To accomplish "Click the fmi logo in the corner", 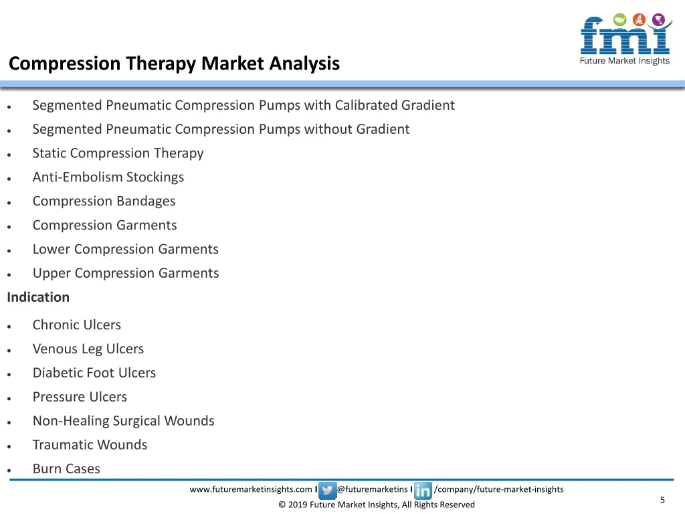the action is click(625, 39).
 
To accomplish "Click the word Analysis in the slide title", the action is click(304, 64).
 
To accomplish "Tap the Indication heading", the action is click(38, 297).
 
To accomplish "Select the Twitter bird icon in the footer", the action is click(327, 491).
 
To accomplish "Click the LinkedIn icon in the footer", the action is click(423, 491).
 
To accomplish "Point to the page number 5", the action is click(662, 500).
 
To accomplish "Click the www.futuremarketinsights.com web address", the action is click(251, 489).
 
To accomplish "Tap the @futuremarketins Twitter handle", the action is click(372, 489).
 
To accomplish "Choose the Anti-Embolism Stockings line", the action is click(108, 177).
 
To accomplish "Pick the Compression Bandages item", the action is click(104, 201).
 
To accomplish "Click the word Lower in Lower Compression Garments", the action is click(51, 249).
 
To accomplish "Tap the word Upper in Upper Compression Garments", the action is click(52, 274).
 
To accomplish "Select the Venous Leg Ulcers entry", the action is click(88, 349).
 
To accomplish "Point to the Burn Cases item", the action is click(66, 469).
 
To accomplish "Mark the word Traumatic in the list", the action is click(60, 445).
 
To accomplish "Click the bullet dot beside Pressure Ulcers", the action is click(9, 399).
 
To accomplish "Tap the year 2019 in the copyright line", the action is click(298, 505).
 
